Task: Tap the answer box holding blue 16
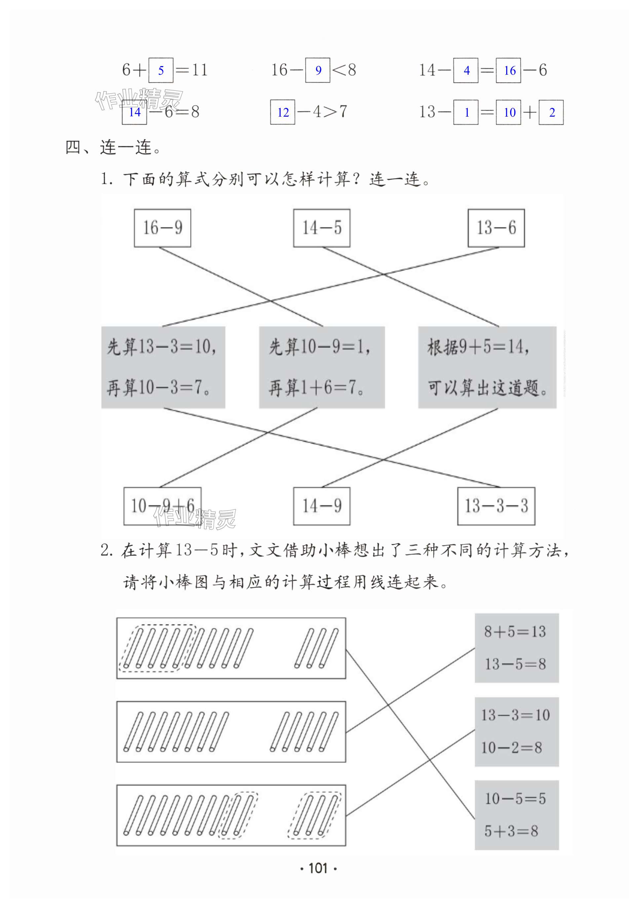click(x=508, y=70)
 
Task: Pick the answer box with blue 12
click(x=282, y=112)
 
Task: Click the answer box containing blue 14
click(x=134, y=112)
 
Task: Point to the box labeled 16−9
click(x=162, y=228)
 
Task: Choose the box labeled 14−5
click(x=321, y=228)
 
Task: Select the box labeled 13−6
click(x=496, y=228)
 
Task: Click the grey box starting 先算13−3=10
click(x=163, y=367)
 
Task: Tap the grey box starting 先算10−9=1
click(x=321, y=367)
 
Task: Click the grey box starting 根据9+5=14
click(x=487, y=367)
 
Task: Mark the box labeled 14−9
click(x=321, y=506)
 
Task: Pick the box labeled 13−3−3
click(x=496, y=506)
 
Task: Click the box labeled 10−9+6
click(x=162, y=506)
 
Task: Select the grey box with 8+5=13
click(x=516, y=648)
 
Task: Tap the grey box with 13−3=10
click(x=516, y=732)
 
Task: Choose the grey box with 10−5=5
click(x=516, y=815)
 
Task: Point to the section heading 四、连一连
click(x=113, y=147)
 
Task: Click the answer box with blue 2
click(x=551, y=112)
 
